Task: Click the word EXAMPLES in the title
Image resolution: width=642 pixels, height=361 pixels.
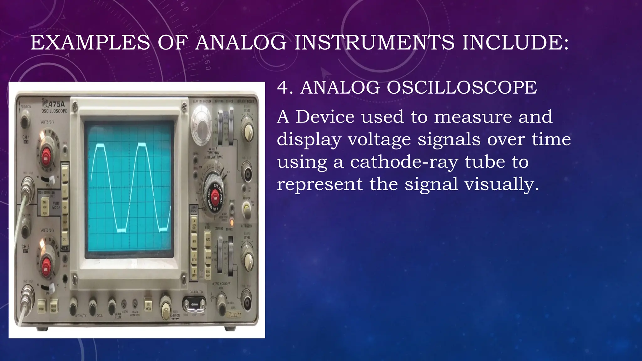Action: pyautogui.click(x=90, y=42)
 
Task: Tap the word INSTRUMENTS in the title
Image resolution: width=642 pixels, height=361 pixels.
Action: pyautogui.click(x=374, y=42)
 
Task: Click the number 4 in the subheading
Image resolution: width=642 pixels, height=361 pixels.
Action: pyautogui.click(x=283, y=87)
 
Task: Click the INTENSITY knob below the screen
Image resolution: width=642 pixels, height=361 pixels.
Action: pyautogui.click(x=73, y=305)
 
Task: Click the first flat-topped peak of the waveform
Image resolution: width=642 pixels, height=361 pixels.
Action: pyautogui.click(x=100, y=146)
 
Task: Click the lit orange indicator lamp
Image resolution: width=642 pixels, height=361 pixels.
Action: pyautogui.click(x=231, y=223)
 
